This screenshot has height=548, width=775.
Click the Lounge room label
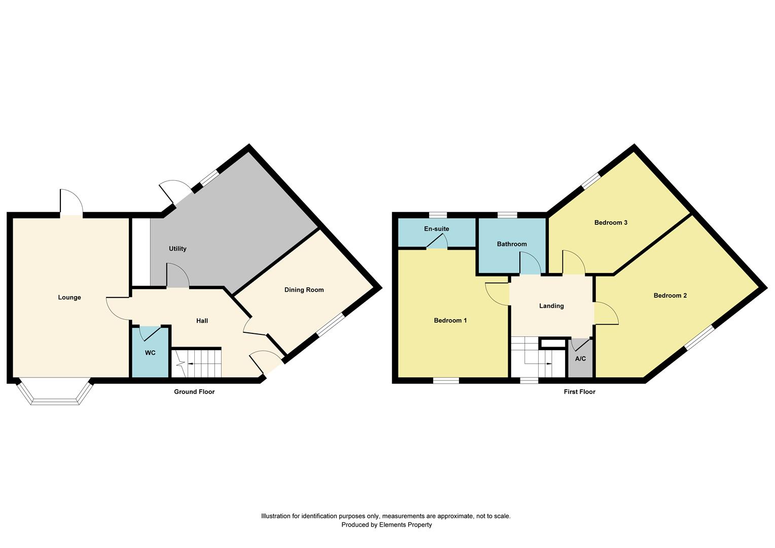point(69,297)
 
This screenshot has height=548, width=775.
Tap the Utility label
point(178,249)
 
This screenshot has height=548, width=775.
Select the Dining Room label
point(304,290)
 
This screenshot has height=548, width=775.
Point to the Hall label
point(202,321)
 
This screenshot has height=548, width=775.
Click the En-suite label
point(437,229)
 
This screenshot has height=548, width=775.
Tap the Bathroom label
point(512,244)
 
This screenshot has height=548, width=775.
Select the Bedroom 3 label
point(611,223)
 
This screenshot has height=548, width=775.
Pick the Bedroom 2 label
point(670,295)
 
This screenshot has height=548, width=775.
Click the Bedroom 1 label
point(450,321)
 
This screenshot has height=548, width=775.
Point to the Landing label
point(551,305)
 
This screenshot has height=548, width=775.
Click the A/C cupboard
point(581,359)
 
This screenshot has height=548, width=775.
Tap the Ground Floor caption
point(194,392)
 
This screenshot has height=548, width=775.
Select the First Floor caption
point(580,392)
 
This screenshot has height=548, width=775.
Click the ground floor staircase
point(196,363)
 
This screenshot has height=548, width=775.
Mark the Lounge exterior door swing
point(72,202)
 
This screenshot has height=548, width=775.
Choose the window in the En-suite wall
point(438,215)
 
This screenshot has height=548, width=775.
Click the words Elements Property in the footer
point(405,525)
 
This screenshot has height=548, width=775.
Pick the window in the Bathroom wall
point(508,215)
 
